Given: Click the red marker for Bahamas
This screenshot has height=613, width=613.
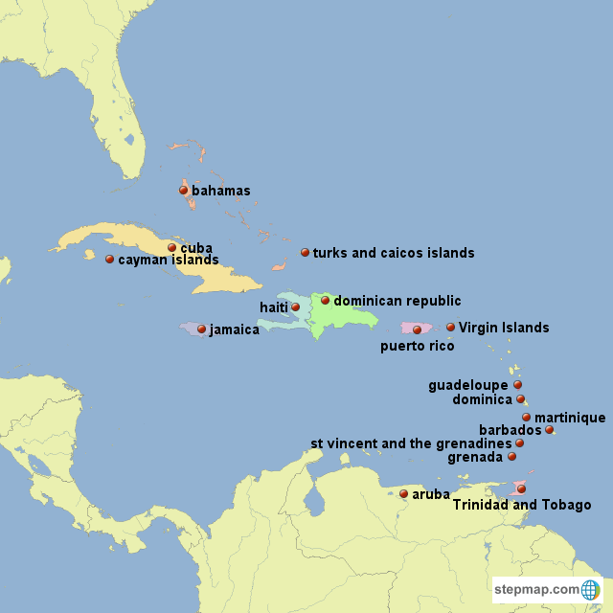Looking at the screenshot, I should coord(184,190).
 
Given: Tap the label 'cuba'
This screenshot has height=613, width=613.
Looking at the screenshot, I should coord(196,247).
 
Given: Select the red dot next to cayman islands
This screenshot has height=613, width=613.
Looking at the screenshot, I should coord(109,259).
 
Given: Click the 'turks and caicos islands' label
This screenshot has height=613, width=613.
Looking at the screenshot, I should coord(394,253).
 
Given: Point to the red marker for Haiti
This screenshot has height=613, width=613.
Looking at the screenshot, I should coord(296,306).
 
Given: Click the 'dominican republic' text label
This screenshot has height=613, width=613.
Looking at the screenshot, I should coord(397,301).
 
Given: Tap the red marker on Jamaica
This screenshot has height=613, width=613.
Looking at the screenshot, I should coord(201,329).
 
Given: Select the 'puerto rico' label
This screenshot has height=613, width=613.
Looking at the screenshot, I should coord(418,346).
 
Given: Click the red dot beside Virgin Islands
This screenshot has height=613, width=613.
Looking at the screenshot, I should coord(450,328).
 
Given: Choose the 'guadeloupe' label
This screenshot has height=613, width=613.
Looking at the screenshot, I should coord(468,385).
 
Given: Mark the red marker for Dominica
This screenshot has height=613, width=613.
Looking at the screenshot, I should coord(520,399).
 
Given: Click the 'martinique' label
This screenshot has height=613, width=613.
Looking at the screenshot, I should coord(570,418).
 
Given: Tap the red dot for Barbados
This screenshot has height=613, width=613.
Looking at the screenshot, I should coord(549,430).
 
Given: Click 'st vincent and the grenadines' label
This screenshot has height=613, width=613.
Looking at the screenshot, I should coord(411,443).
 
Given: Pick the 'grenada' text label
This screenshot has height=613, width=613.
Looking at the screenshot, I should coord(475,457).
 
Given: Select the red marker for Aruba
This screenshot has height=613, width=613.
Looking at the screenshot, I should coord(403,494).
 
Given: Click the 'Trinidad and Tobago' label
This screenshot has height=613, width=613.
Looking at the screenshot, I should coord(522,505).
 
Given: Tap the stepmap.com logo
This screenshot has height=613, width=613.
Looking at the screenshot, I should coord(547,589).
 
